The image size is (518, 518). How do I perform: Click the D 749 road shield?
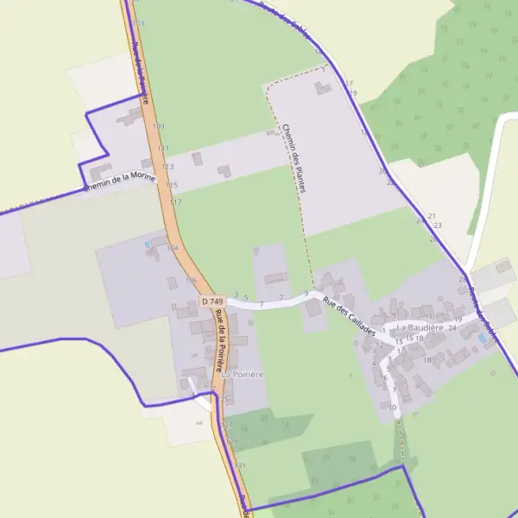coord(212,301)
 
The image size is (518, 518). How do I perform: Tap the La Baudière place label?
coord(420,328)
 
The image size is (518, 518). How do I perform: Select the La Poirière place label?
coord(243,375)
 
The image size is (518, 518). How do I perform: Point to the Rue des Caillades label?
coord(350,317)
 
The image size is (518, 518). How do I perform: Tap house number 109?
coord(158,127)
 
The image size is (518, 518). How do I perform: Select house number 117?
coord(176,202)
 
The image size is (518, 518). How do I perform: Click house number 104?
coord(172,248)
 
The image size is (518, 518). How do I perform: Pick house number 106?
coord(191,280)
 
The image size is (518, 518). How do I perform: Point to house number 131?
coord(240,465)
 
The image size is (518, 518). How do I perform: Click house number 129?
coord(231,441)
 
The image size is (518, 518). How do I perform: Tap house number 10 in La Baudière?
coord(393,407)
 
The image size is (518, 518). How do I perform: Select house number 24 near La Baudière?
coord(452,329)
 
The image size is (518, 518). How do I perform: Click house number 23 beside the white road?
coord(438,225)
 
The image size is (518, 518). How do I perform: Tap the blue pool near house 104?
coord(148,245)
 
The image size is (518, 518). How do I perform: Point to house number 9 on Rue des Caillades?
coord(306,294)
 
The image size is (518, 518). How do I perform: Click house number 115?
coord(172,186)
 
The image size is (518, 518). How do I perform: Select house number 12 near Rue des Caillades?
coord(380,344)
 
